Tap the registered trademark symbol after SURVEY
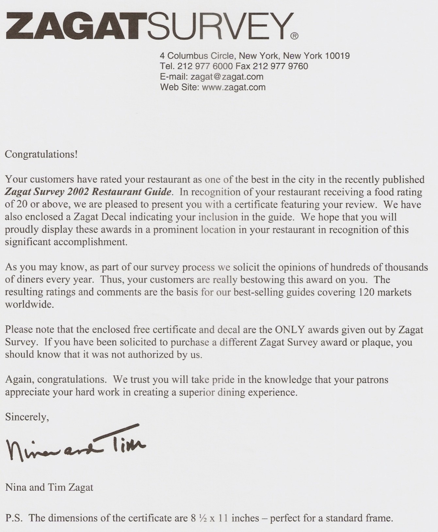coord(294,36)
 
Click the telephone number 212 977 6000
coord(205,66)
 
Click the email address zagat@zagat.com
coord(227,77)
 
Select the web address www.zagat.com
coord(234,87)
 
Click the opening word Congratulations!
coord(41,154)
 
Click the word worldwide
coord(29,305)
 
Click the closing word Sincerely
coord(27,417)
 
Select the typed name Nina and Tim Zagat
coord(49,487)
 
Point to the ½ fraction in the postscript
coord(203,518)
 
